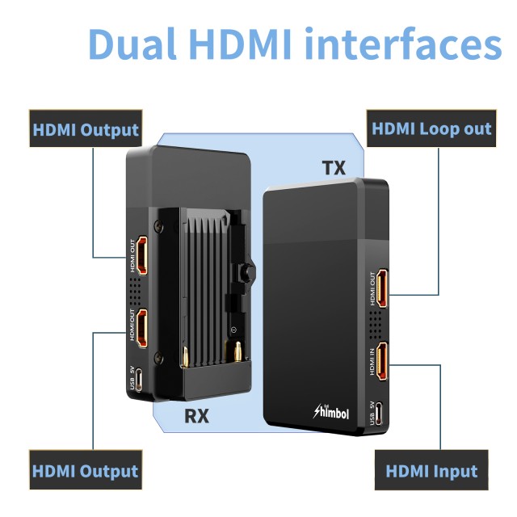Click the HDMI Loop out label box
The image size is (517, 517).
(431, 129)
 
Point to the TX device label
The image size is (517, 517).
(334, 168)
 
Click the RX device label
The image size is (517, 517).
(197, 416)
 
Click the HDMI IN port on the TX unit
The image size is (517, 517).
(382, 361)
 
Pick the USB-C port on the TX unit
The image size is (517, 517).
(382, 414)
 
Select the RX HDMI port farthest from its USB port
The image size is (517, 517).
(141, 256)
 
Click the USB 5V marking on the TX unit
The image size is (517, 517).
(372, 413)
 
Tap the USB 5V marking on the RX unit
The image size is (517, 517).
(132, 379)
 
